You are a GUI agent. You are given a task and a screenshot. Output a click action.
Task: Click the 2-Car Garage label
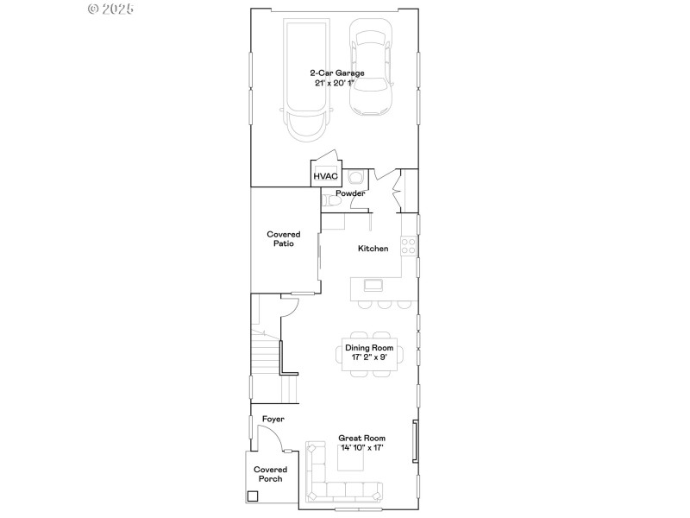click(x=336, y=73)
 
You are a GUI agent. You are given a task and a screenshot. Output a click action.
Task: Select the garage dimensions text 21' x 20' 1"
click(x=336, y=84)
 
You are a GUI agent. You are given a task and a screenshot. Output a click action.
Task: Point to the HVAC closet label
click(x=325, y=176)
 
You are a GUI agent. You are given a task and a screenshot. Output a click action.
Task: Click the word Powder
click(x=350, y=193)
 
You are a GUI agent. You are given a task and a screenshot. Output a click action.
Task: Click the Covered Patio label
click(x=283, y=239)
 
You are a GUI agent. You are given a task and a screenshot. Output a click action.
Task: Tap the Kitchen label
click(x=373, y=249)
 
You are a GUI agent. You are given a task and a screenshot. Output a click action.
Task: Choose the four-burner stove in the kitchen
click(x=410, y=246)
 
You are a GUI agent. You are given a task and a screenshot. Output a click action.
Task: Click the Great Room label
click(x=361, y=439)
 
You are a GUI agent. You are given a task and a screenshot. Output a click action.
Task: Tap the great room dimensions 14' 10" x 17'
click(x=361, y=448)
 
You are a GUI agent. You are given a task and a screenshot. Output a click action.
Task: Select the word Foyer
click(x=273, y=420)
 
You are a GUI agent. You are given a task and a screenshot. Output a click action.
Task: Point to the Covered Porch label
click(x=270, y=474)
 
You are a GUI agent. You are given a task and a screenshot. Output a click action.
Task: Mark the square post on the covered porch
click(x=253, y=496)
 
